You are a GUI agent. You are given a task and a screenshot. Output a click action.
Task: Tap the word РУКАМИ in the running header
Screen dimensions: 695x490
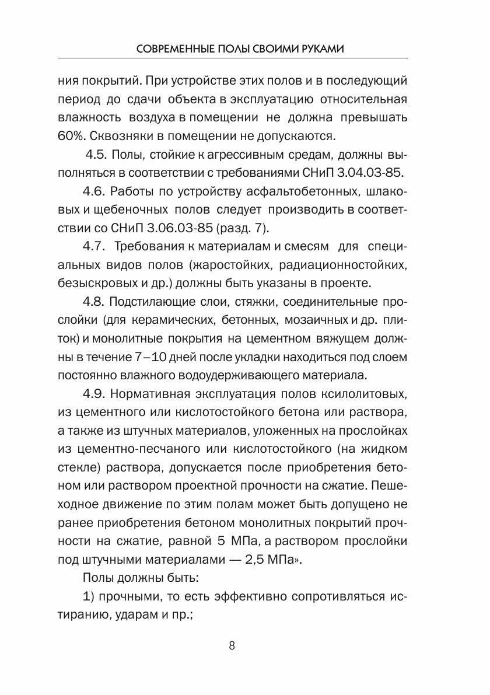(x=320, y=50)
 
